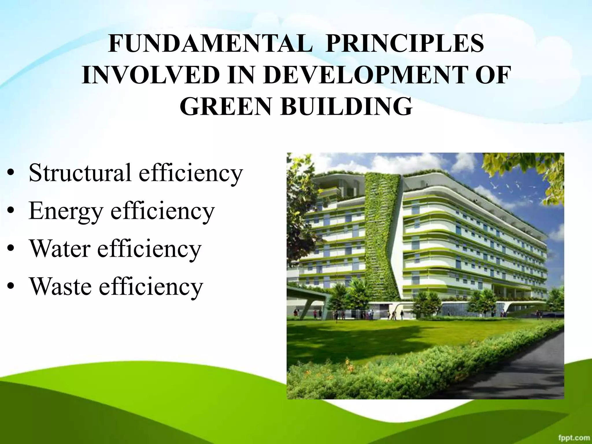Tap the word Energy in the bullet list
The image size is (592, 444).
[x=66, y=211]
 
